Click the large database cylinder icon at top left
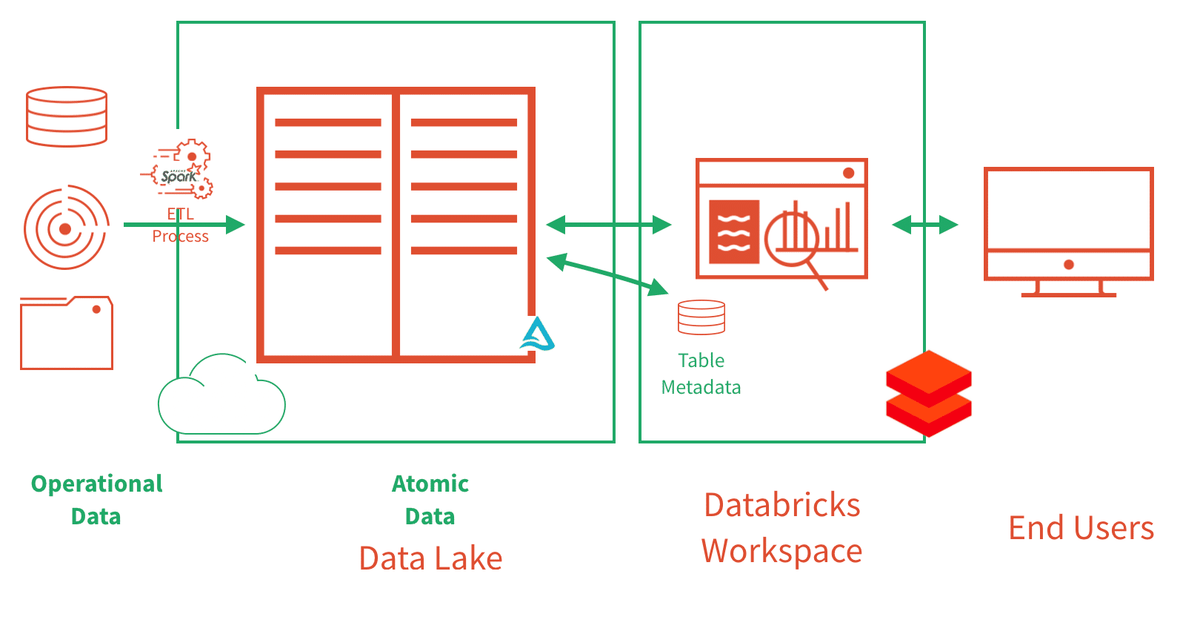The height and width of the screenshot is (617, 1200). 67,116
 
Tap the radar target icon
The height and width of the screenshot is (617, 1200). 66,228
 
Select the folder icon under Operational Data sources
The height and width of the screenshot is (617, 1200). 67,333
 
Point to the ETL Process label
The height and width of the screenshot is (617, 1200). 180,225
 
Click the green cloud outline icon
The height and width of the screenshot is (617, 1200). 221,397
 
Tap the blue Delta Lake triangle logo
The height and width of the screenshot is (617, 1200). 537,335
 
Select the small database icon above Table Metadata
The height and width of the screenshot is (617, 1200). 701,317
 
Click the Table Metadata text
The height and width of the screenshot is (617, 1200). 701,374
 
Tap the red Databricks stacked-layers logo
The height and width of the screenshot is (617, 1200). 928,393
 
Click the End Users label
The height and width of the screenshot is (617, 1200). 1081,528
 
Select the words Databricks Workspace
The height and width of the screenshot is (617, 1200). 782,528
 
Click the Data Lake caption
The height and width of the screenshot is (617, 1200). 430,558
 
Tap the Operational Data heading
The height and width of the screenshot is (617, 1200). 96,500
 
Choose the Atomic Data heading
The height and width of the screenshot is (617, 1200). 430,500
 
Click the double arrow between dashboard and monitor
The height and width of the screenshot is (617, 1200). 924,225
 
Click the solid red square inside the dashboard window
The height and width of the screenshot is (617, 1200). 734,231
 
